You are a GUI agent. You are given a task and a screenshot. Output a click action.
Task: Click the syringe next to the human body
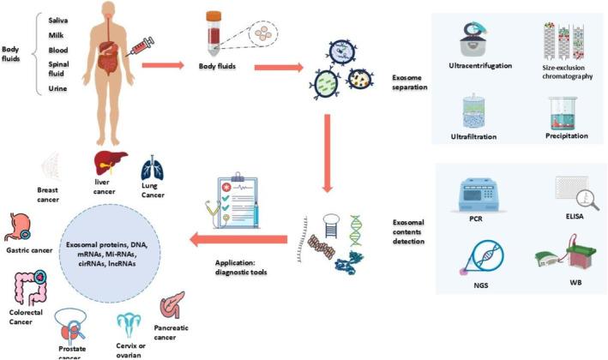(141, 46)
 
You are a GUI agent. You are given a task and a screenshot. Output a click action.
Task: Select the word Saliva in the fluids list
(57, 21)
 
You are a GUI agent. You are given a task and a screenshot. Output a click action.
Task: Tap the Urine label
(57, 88)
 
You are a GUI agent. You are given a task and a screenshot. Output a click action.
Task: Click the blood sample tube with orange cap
(214, 33)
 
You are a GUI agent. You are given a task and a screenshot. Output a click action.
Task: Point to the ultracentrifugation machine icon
(475, 39)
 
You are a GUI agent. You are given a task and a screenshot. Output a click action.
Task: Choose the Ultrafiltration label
(473, 136)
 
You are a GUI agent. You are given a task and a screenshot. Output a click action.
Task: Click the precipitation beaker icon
(563, 113)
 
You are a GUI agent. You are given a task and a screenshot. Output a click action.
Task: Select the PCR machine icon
(477, 195)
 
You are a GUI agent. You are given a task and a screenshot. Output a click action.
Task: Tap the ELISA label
(575, 216)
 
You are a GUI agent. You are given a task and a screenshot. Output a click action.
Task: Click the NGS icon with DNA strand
(483, 257)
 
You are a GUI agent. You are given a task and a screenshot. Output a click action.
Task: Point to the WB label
(575, 283)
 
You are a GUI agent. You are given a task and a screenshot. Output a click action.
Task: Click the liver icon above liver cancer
(110, 162)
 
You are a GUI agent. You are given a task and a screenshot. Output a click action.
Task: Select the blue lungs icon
(153, 169)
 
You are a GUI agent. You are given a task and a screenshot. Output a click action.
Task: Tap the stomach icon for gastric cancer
(17, 227)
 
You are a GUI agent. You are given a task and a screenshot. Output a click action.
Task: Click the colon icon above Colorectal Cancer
(30, 288)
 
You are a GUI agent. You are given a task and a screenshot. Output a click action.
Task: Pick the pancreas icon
(172, 305)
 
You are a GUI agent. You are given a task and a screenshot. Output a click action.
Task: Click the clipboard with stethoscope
(233, 201)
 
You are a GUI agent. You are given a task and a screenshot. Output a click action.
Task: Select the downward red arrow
(328, 153)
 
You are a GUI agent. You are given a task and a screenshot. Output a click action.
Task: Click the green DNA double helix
(356, 231)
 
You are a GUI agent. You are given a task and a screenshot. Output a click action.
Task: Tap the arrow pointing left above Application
(238, 239)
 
